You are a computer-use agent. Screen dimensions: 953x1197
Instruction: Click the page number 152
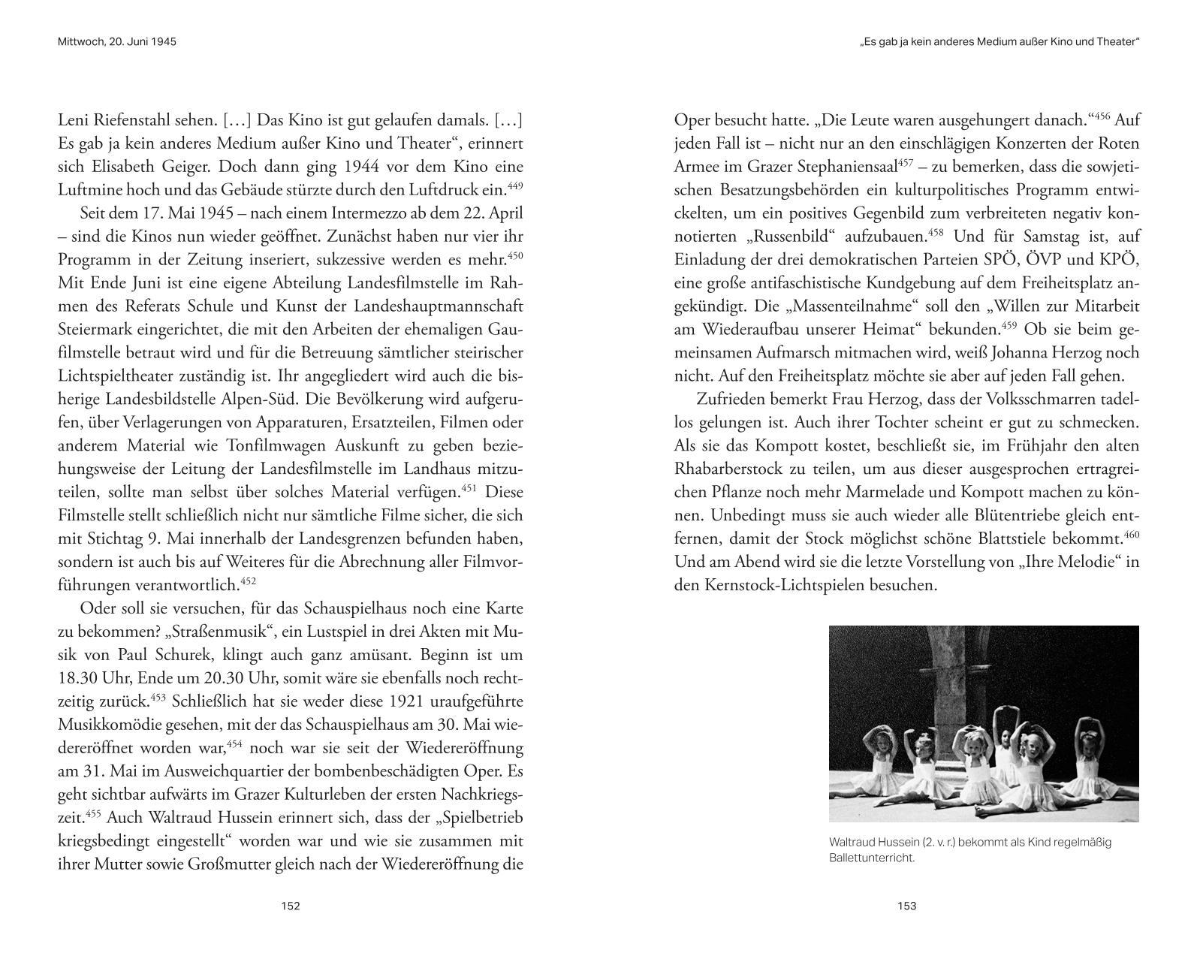pos(291,906)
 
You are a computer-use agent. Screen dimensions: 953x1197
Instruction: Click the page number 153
pos(907,906)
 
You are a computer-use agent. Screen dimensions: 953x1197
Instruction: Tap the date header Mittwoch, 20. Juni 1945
pos(116,42)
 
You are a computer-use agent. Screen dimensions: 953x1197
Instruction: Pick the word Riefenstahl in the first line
pos(134,120)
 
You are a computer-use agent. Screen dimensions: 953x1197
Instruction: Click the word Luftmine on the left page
pos(89,190)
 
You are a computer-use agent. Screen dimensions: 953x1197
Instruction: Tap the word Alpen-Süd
pos(327,399)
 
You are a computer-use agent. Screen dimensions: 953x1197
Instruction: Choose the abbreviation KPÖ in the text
pos(1120,260)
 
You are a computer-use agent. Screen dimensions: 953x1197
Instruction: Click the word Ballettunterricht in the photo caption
pos(872,858)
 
